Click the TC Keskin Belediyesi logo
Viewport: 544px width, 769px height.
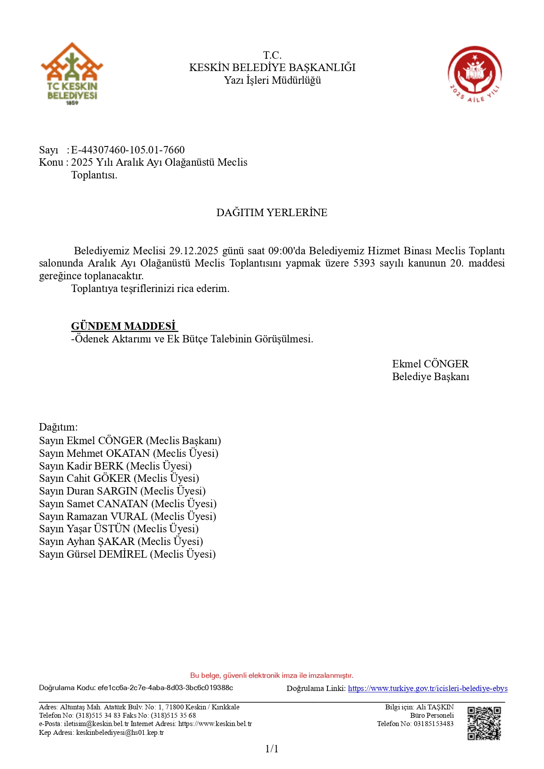click(x=72, y=74)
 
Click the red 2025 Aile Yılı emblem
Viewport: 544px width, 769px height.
click(x=475, y=74)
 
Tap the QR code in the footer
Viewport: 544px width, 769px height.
click(x=484, y=723)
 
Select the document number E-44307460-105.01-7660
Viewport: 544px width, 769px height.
click(x=128, y=150)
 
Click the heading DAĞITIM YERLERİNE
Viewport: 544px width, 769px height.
click(x=272, y=213)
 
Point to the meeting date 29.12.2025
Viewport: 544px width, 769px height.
click(x=193, y=251)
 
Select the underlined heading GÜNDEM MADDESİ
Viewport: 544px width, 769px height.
click(x=124, y=326)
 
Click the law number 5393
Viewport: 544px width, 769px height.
click(x=364, y=263)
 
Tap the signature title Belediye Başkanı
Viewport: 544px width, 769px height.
click(x=430, y=377)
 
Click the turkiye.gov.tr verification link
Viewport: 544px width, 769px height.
click(x=427, y=688)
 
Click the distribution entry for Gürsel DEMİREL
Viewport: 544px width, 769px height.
click(x=127, y=554)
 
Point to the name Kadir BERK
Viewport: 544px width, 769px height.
click(x=95, y=466)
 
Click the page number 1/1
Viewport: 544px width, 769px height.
click(x=272, y=749)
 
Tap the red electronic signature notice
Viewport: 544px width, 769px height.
click(x=272, y=675)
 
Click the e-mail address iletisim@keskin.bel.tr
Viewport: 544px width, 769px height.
click(x=96, y=724)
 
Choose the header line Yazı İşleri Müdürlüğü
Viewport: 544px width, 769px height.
click(x=272, y=80)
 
